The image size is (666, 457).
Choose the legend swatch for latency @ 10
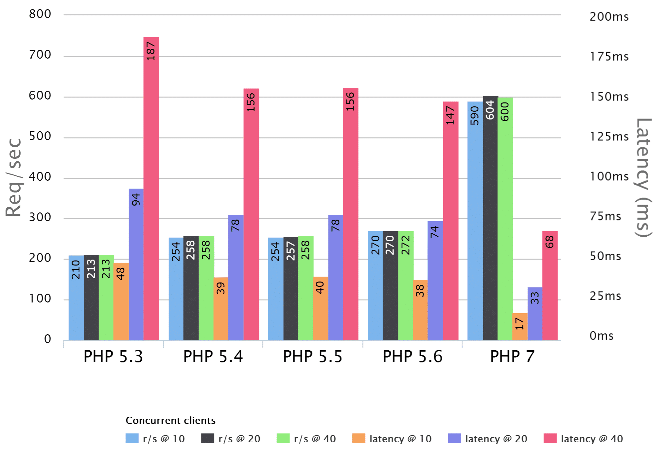click(x=359, y=438)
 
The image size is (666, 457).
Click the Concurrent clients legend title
click(x=170, y=420)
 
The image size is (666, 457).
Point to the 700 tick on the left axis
click(x=40, y=55)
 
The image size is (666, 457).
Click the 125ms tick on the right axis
click(x=609, y=137)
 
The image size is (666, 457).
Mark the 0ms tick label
click(x=601, y=336)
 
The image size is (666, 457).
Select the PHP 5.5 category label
click(x=312, y=356)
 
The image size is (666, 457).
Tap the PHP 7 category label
click(x=512, y=356)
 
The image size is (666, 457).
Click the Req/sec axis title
click(x=14, y=177)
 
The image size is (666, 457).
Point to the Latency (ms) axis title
click(x=643, y=177)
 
